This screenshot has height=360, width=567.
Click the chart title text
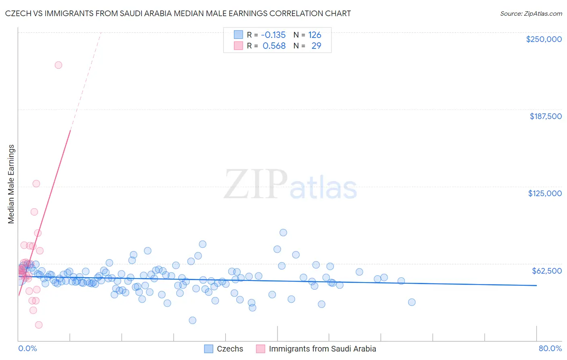(178, 13)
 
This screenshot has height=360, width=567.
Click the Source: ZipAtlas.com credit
(531, 13)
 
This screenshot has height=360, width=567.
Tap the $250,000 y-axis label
(544, 39)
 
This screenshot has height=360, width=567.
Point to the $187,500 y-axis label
(545, 116)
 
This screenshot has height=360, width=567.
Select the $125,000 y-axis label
(545, 193)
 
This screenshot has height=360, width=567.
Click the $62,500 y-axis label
(546, 270)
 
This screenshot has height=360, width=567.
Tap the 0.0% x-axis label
(27, 348)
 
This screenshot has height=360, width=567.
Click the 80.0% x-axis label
(550, 348)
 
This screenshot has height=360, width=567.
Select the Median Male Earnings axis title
(11, 184)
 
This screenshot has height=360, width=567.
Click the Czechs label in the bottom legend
(230, 349)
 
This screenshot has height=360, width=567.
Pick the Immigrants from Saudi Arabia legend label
(322, 349)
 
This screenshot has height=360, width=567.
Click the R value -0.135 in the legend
(273, 35)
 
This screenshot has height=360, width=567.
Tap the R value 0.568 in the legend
(274, 46)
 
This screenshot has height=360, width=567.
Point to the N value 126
(315, 35)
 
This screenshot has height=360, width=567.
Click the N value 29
(316, 46)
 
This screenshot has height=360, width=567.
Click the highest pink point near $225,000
(58, 65)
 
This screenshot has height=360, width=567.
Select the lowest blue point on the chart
(192, 320)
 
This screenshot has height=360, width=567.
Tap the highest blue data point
(283, 232)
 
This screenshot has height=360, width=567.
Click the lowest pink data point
(39, 325)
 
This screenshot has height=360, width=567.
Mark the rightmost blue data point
(412, 302)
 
